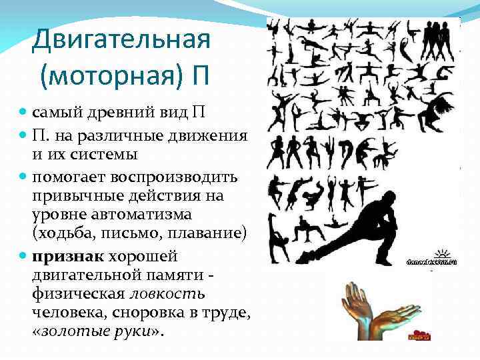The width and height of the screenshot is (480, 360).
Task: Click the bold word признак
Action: [63, 257]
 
